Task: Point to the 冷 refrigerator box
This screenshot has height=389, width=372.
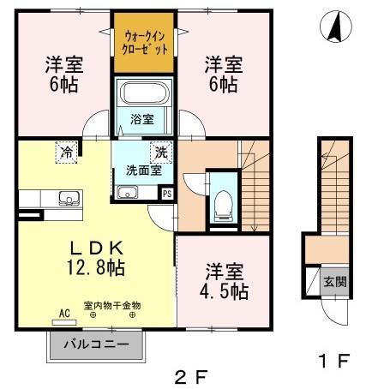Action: [x=66, y=153]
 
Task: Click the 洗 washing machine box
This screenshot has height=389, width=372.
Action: [x=160, y=153]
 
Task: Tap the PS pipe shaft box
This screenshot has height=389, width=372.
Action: [x=166, y=194]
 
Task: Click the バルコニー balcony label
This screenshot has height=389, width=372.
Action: [x=95, y=346]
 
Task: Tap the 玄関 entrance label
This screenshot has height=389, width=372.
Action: [x=334, y=282]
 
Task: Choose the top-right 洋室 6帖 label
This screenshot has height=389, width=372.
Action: [x=221, y=75]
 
